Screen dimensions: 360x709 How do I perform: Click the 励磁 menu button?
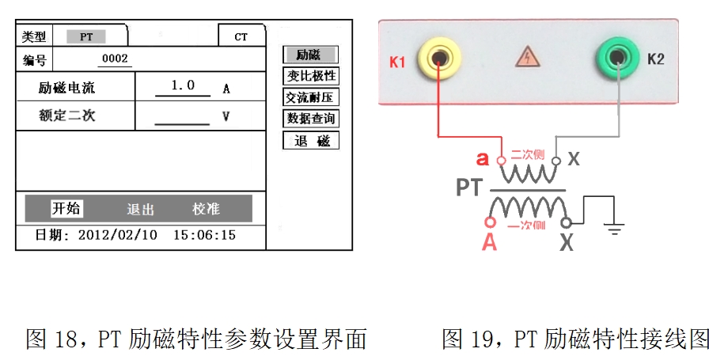310,55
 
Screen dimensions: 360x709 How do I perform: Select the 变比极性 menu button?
311,76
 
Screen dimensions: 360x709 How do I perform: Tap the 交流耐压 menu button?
311,97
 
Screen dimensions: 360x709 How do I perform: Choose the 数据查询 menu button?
311,119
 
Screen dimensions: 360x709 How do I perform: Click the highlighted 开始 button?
66,209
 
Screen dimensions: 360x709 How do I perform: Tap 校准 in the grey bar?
206,209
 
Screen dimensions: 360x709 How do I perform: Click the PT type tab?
85,37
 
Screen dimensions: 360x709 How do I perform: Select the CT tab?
241,37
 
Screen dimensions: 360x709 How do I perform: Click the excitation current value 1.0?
183,85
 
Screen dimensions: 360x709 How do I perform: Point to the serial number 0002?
116,59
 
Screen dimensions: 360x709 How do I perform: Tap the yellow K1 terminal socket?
438,59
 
